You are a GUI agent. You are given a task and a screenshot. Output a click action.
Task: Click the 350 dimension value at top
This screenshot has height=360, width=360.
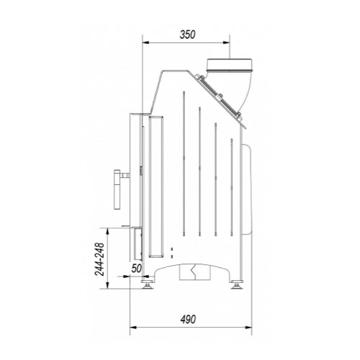tap(187, 35)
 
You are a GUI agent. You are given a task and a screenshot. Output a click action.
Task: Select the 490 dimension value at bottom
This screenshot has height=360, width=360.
tap(188, 319)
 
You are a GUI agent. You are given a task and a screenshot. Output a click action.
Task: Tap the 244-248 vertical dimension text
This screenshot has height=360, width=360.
tap(99, 259)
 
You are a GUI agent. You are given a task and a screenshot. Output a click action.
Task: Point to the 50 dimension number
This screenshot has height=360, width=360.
tap(137, 269)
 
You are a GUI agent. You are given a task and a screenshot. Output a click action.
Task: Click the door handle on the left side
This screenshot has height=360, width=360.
tap(117, 189)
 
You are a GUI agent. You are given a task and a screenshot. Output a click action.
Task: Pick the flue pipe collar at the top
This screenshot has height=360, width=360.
tap(230, 66)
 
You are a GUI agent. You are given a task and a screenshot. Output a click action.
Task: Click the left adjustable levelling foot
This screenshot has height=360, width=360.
tap(147, 284)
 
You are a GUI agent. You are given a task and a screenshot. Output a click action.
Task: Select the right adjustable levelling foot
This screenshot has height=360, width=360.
tap(237, 284)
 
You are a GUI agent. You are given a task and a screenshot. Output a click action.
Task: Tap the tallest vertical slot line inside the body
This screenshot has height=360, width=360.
tap(184, 163)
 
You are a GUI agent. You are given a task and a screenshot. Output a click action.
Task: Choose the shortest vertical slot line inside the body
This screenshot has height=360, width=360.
tap(232, 187)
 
